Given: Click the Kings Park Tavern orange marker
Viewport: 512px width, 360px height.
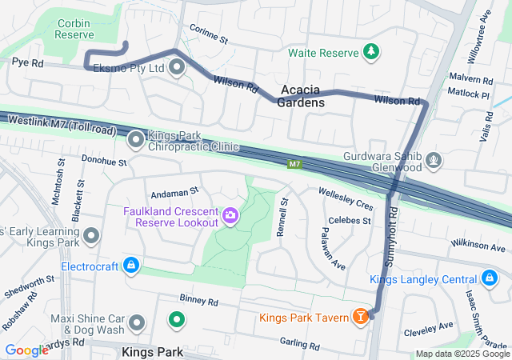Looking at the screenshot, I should [361, 318].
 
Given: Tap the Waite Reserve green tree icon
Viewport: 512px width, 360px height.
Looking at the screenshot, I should [370, 52].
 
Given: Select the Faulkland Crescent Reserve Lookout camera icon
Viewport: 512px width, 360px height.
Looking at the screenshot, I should [230, 216].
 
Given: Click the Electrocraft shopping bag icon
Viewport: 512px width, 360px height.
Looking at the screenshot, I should [131, 265].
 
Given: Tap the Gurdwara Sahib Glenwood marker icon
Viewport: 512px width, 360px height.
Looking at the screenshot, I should [434, 161].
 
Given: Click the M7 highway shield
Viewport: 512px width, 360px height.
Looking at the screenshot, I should [294, 164].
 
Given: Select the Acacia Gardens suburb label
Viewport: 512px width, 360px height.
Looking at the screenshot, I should [302, 97].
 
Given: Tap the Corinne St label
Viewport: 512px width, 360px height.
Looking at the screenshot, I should [210, 38].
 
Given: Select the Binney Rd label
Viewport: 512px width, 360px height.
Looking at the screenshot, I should [199, 302].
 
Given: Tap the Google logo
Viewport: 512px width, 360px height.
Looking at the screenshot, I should [26, 350].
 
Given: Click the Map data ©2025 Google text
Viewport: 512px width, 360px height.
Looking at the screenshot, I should [461, 354].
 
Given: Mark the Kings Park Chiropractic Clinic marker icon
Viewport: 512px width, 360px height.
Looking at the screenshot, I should [136, 140].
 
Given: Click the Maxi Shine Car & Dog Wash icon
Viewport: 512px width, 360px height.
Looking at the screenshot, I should [138, 323].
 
